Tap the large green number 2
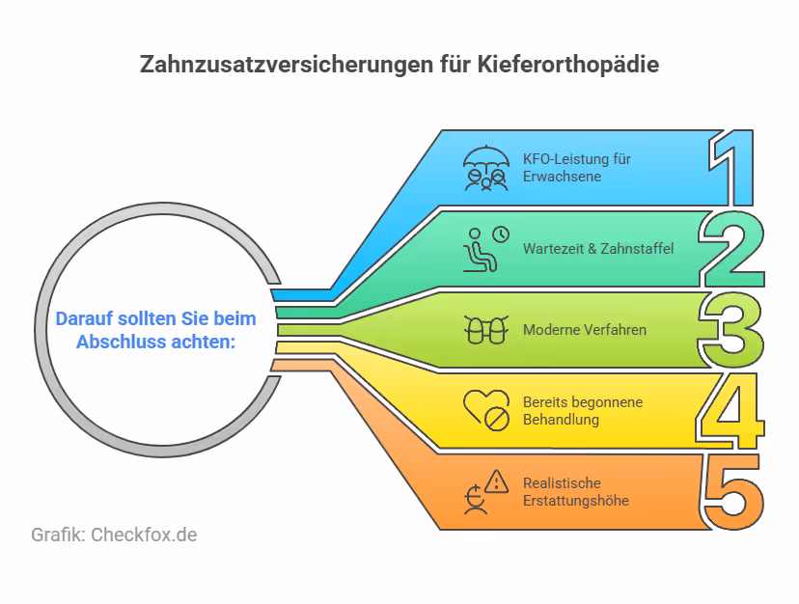click(732, 248)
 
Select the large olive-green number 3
click(732, 329)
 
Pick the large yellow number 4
click(730, 411)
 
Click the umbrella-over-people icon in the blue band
click(484, 166)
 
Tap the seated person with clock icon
click(484, 248)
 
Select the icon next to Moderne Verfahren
click(484, 330)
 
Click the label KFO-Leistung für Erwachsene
click(577, 167)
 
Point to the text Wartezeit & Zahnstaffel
click(598, 249)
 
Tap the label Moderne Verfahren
click(585, 330)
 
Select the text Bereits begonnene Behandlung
click(581, 411)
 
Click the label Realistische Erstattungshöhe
click(576, 492)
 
